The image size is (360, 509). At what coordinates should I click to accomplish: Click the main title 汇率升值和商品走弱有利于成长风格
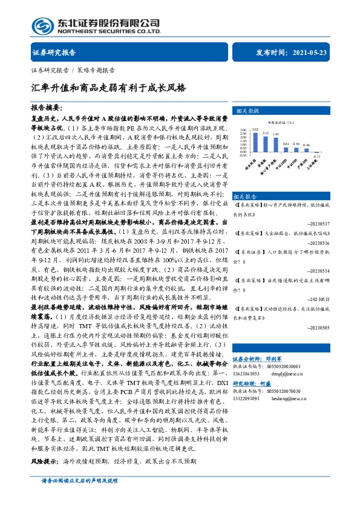tap(108, 87)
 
